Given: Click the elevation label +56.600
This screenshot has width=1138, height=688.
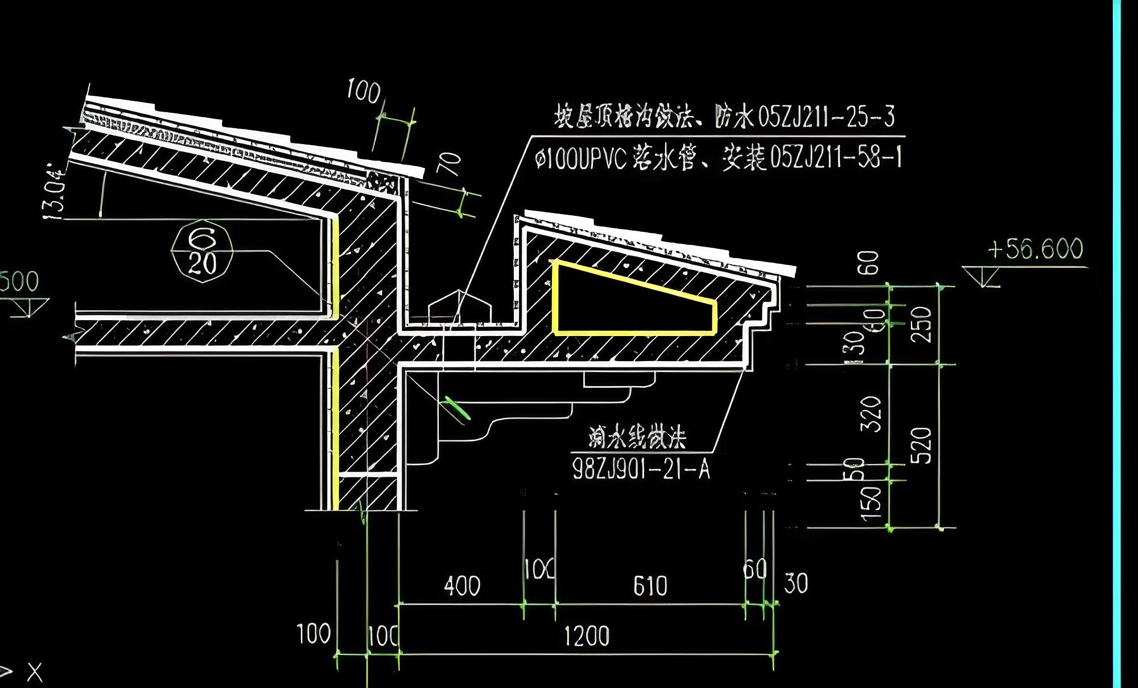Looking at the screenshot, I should tap(1035, 249).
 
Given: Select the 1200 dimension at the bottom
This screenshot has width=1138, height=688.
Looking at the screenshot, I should tap(587, 636).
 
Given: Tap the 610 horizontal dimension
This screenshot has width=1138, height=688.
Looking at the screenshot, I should tap(650, 586).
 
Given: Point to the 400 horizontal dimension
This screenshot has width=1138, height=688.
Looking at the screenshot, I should tap(462, 586).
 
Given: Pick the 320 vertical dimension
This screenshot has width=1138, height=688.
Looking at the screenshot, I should tap(871, 414).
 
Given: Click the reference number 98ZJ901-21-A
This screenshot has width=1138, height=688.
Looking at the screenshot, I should tap(641, 469).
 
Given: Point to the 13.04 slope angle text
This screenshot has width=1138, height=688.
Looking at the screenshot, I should tap(55, 191).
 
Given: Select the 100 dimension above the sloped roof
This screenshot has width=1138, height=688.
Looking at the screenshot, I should tap(364, 91).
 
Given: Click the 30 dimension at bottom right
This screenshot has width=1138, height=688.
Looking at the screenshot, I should tap(795, 584).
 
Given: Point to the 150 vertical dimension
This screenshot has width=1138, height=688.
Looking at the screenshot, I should tap(871, 504).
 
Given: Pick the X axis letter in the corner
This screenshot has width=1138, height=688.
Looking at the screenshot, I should tap(35, 673).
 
